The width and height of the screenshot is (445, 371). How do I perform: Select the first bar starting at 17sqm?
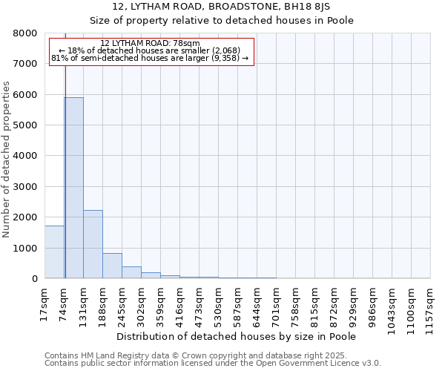54,252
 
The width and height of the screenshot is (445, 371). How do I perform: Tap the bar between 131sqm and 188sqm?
93,244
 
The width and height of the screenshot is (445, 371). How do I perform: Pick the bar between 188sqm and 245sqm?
112,266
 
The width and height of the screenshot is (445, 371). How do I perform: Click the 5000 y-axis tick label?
27,125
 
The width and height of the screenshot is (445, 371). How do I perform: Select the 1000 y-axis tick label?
27,248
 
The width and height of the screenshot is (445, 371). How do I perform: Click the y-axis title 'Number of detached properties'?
7,171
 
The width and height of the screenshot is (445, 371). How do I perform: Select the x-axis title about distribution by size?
237,336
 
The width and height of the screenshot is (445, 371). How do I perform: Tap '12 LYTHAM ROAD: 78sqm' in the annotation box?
150,44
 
